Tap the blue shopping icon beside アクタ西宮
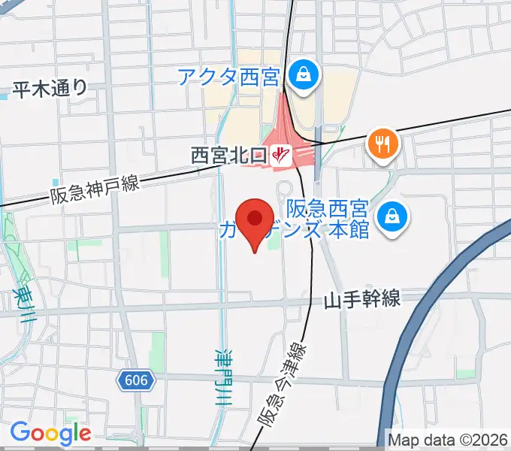302,74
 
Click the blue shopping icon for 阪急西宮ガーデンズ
392,216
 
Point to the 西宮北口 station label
228,156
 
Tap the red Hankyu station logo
282,156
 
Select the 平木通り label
50,89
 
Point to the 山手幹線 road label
362,300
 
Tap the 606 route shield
135,380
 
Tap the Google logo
50,433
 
